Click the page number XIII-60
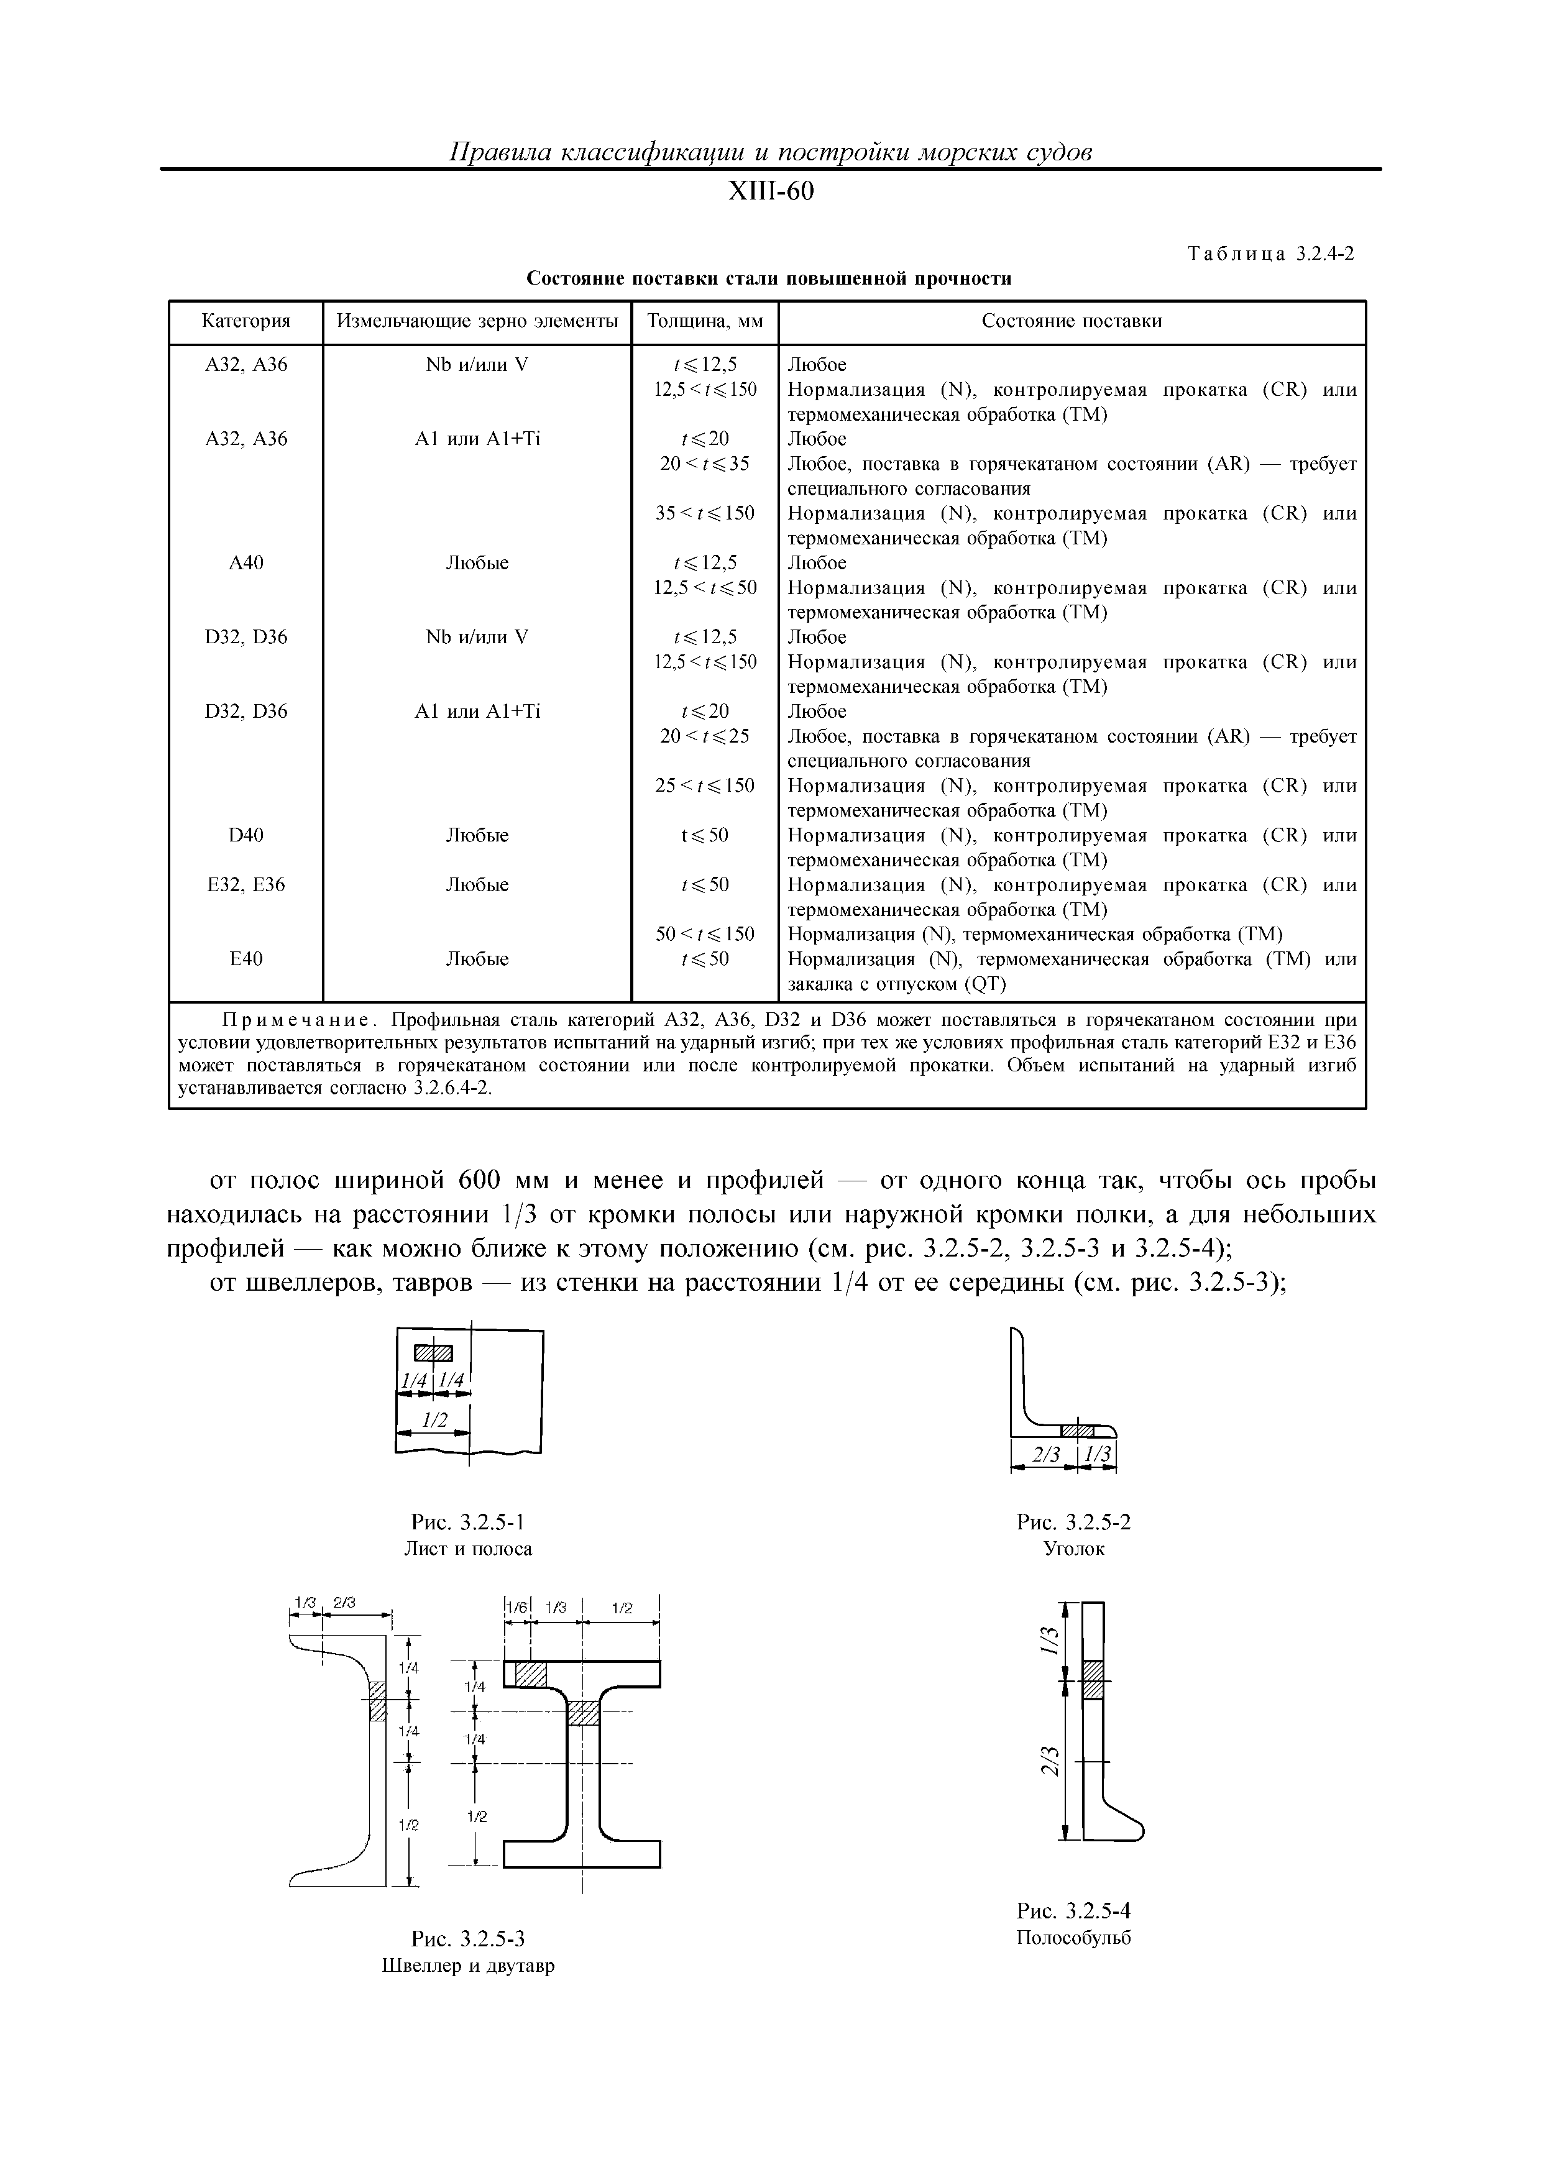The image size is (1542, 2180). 770,193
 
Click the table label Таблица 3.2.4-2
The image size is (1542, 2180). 1270,254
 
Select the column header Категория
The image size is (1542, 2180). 246,321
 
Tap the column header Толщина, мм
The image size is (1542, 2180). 705,321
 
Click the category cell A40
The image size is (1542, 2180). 246,563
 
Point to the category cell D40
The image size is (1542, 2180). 246,836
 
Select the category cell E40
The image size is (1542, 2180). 246,959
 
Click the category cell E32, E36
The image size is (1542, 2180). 246,885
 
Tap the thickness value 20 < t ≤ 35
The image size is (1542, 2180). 705,464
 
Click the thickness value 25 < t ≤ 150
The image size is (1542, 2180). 705,786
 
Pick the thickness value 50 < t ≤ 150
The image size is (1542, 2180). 705,934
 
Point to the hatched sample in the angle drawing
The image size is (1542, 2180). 1078,1430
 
